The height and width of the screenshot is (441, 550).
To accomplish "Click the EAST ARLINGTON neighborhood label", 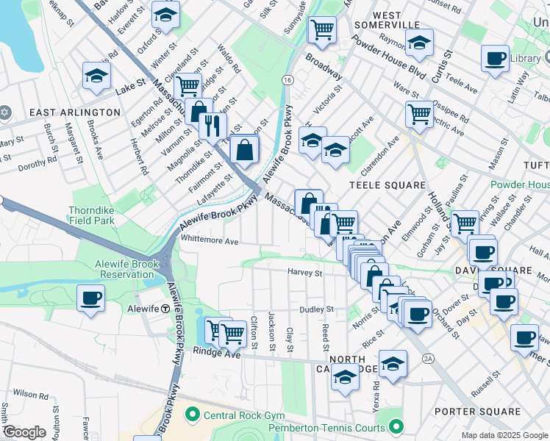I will pos(74,112).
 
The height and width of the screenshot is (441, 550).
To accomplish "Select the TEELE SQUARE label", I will pos(377,185).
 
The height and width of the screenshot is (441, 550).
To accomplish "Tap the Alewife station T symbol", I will pos(166,309).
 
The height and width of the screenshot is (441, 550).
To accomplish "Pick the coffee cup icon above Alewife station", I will pos(91,299).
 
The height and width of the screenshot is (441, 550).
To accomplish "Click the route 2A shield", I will pos(429,359).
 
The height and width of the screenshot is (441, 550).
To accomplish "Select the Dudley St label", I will pos(320,309).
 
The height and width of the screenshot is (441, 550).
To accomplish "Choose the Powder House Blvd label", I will pos(397,62).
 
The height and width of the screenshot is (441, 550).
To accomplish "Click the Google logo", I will pos(24,432).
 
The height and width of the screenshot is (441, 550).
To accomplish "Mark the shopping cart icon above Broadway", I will pos(322,30).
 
